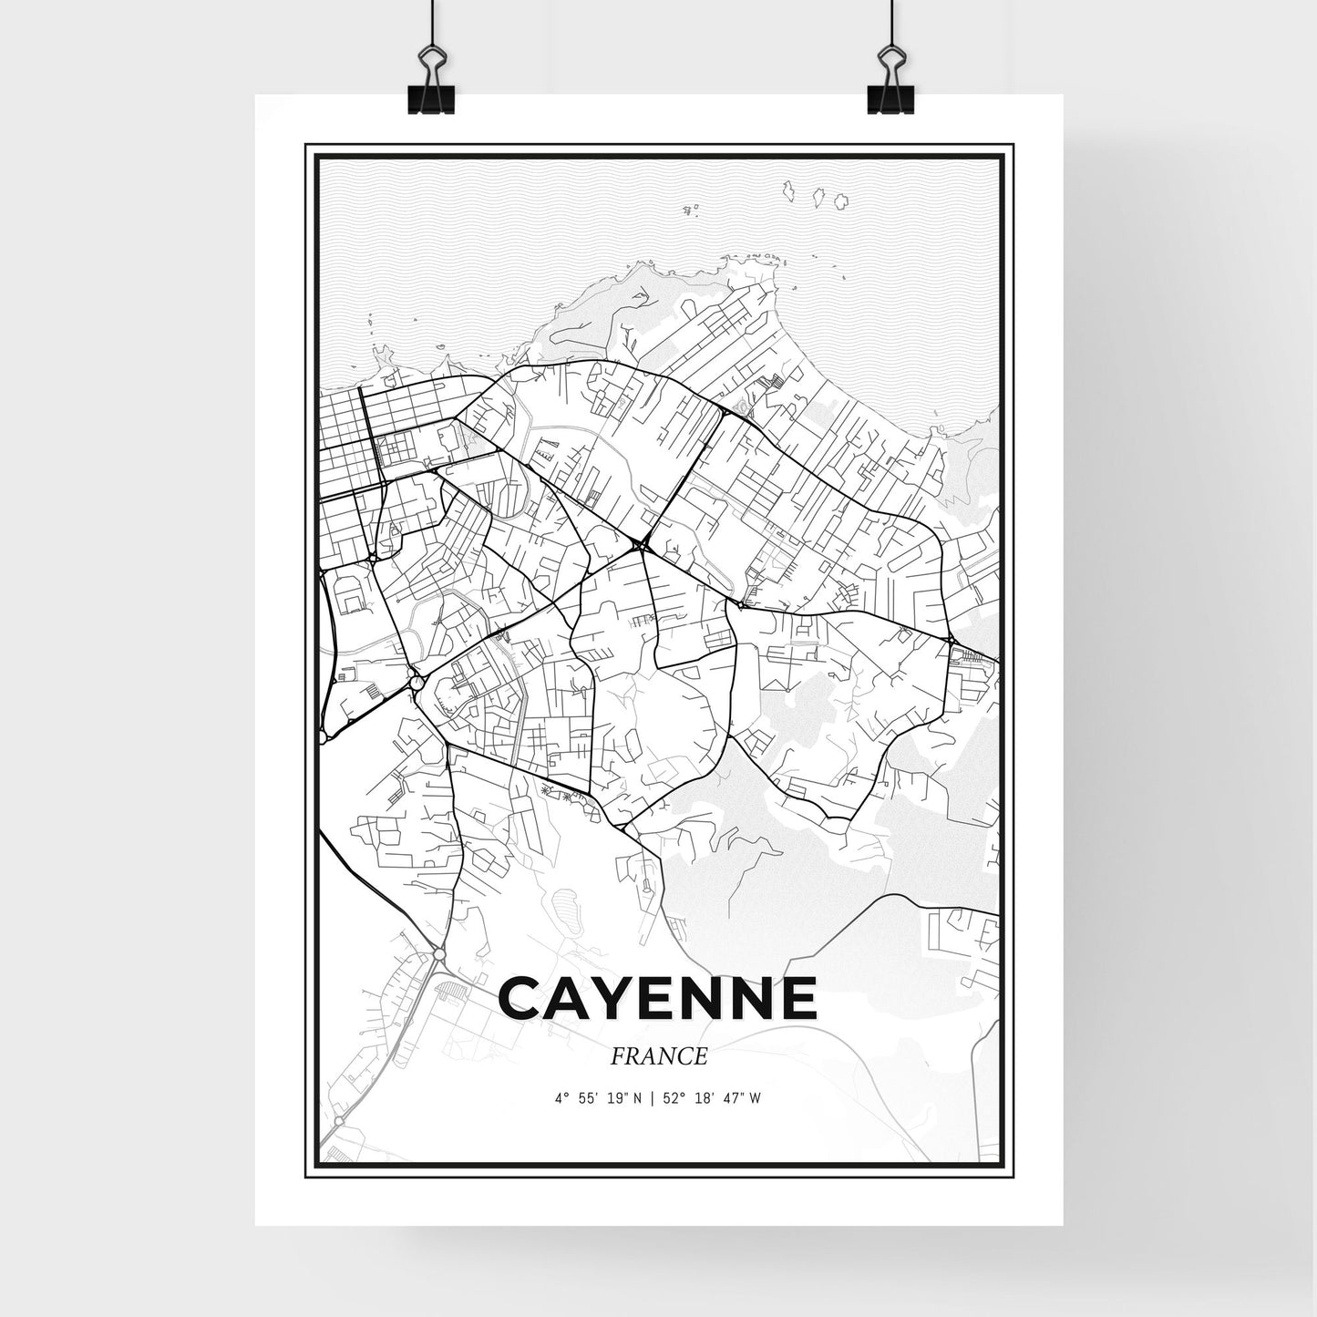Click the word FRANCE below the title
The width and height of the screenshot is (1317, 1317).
[x=659, y=1057]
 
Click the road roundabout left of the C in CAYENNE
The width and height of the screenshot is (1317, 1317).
[x=439, y=953]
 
